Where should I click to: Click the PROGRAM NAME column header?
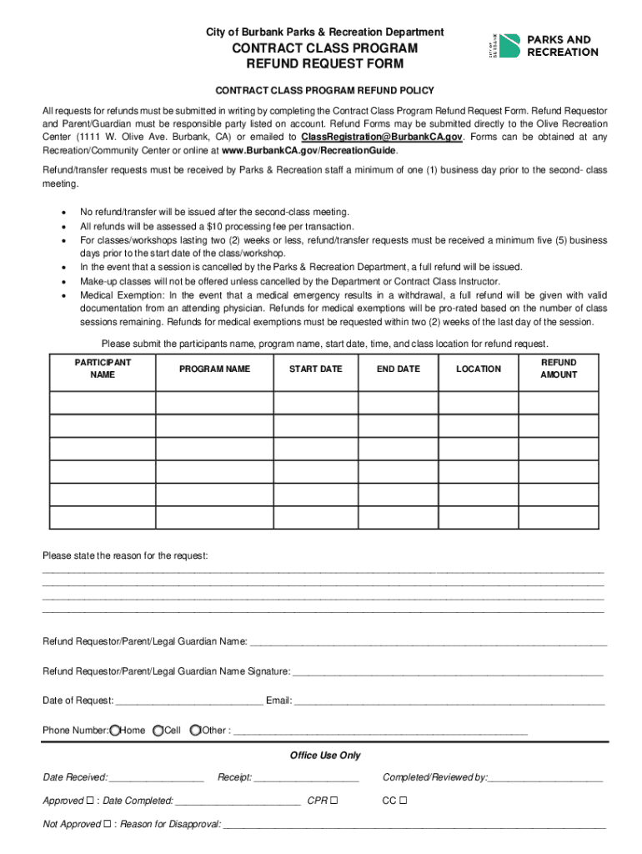(214, 369)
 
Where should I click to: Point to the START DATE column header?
(315, 369)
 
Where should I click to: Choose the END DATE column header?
(398, 369)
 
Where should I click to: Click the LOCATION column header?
(479, 369)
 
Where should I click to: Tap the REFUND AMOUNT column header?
(558, 369)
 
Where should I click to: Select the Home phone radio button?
(115, 731)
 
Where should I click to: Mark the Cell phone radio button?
(158, 731)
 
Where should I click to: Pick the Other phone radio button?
(195, 731)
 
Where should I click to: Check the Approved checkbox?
(89, 801)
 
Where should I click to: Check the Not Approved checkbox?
(107, 825)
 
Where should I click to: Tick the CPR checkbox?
(334, 801)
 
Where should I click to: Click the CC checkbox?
(403, 801)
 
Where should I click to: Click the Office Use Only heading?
(325, 756)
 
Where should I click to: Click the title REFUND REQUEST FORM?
(325, 63)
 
